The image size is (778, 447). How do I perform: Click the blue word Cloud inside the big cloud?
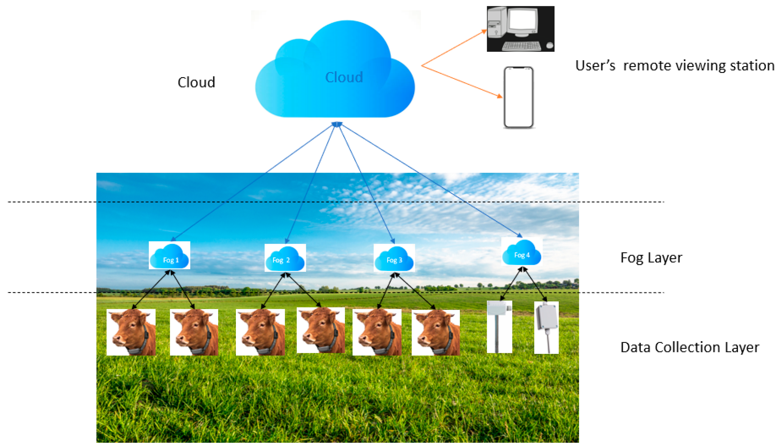tap(344, 77)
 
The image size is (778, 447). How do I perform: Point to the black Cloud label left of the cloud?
tap(196, 82)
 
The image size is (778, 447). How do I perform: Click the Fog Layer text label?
tap(651, 257)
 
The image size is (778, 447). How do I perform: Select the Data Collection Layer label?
tap(689, 347)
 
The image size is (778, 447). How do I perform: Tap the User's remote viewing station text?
tap(674, 65)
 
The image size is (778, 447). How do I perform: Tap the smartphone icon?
tap(519, 97)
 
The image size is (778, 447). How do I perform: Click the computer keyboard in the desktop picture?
tap(521, 46)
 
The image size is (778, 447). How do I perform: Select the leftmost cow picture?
tap(131, 332)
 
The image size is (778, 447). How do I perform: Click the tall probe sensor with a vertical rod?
tap(499, 327)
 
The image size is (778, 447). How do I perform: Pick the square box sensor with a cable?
tap(546, 327)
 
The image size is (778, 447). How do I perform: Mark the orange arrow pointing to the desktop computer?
tap(454, 48)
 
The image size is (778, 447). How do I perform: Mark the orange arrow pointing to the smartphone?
tap(462, 81)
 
